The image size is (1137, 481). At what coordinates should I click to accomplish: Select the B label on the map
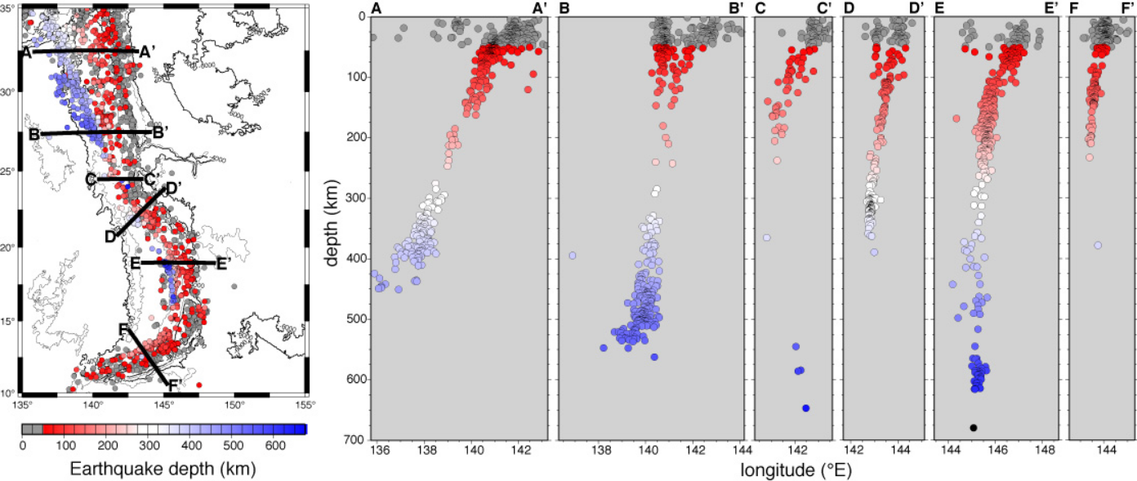[x=34, y=134]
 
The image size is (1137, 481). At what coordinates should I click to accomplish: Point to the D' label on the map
[x=173, y=188]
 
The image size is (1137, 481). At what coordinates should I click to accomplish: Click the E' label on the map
[x=222, y=263]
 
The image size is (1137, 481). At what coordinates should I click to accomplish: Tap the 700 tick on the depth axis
[x=353, y=440]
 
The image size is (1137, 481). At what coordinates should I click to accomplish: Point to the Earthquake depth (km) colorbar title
[x=163, y=470]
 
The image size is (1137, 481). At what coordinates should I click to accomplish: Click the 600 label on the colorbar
[x=276, y=445]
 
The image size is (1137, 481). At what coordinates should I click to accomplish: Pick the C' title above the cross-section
[x=818, y=8]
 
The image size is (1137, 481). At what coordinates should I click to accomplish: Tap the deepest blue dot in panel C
[x=805, y=408]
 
